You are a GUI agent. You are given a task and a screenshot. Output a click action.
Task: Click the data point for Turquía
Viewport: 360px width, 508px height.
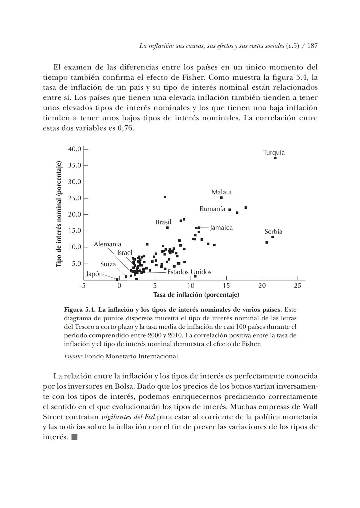tap(275, 158)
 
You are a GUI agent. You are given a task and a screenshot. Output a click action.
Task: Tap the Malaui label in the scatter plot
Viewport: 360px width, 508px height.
tap(221, 192)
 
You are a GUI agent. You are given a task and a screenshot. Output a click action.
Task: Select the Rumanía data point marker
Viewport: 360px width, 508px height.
tap(229, 210)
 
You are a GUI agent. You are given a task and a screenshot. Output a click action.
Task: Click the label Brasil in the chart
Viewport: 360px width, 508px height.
tap(163, 222)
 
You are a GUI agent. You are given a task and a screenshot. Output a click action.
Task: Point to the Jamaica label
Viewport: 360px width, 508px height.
tap(221, 228)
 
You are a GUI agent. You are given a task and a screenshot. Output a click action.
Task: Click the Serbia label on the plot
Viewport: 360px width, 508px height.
tap(273, 231)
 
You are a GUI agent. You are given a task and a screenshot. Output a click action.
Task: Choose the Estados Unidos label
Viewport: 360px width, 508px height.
tap(189, 272)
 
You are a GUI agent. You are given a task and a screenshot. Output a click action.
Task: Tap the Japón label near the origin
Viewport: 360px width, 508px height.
tap(94, 274)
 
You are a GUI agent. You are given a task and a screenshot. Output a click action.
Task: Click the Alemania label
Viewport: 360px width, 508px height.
tap(107, 244)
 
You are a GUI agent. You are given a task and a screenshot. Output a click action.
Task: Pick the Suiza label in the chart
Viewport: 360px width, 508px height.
tap(108, 264)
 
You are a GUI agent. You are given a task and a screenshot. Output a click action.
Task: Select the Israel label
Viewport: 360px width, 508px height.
tap(125, 253)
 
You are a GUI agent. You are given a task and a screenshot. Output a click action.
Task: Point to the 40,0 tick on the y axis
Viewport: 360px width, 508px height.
tap(74, 149)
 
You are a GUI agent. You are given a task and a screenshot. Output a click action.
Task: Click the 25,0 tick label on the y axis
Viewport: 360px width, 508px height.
tap(74, 198)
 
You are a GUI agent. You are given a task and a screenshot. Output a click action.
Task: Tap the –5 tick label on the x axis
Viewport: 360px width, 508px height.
tap(82, 286)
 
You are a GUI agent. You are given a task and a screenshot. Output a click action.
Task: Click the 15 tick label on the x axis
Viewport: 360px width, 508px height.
tap(226, 286)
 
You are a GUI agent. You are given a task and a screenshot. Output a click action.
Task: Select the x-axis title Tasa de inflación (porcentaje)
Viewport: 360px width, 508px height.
tap(196, 295)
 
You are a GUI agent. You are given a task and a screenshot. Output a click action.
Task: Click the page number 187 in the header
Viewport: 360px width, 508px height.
tap(312, 46)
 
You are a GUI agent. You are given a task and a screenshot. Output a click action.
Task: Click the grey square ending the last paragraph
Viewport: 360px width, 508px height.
tap(74, 437)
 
